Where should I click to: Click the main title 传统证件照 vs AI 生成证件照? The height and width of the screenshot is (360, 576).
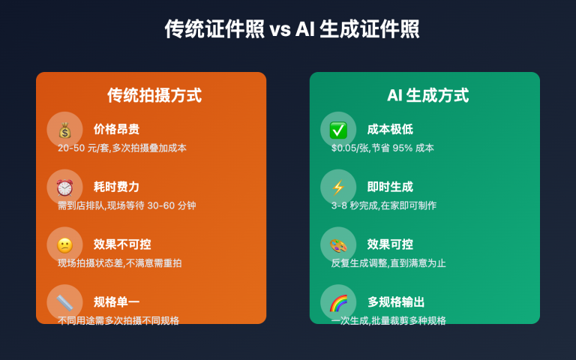pyautogui.click(x=292, y=29)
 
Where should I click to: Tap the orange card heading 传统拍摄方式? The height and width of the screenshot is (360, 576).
pyautogui.click(x=154, y=95)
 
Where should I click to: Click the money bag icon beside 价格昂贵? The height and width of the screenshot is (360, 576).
pyautogui.click(x=64, y=130)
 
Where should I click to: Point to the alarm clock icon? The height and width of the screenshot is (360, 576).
pyautogui.click(x=64, y=187)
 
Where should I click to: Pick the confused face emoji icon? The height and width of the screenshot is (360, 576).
pyautogui.click(x=64, y=245)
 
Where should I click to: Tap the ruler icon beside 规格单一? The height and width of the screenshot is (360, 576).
pyautogui.click(x=64, y=302)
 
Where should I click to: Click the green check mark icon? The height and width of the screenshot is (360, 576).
pyautogui.click(x=338, y=130)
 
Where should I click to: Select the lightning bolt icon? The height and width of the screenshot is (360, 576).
pyautogui.click(x=338, y=187)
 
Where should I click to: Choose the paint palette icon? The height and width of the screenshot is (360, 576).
pyautogui.click(x=338, y=245)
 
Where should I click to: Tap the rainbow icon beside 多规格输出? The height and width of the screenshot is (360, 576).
pyautogui.click(x=338, y=302)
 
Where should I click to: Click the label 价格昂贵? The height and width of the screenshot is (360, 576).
pyautogui.click(x=116, y=129)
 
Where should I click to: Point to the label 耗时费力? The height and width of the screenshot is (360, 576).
pyautogui.click(x=116, y=187)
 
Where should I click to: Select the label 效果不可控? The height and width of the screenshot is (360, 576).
pyautogui.click(x=122, y=244)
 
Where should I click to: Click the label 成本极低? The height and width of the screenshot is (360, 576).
pyautogui.click(x=390, y=129)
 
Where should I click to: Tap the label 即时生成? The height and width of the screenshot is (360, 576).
pyautogui.click(x=390, y=187)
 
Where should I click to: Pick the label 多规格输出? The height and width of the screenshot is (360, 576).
pyautogui.click(x=396, y=302)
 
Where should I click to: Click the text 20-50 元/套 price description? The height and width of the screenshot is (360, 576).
pyautogui.click(x=122, y=148)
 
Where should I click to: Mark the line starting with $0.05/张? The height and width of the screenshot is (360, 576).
pyautogui.click(x=382, y=148)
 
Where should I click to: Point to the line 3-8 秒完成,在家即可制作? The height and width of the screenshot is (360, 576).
pyautogui.click(x=384, y=205)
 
